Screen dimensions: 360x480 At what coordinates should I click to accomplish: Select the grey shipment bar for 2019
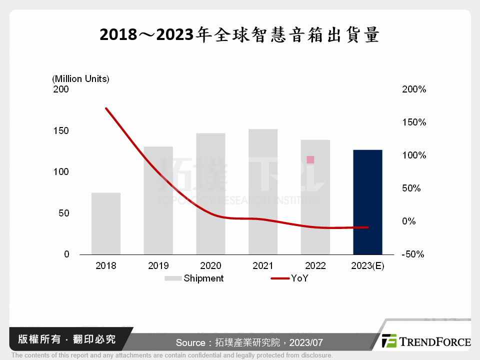(x=158, y=200)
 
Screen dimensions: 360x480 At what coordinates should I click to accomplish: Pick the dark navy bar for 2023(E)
(x=367, y=202)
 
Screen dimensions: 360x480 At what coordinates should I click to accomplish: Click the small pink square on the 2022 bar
(x=310, y=159)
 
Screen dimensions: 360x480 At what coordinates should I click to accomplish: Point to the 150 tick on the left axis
(x=62, y=130)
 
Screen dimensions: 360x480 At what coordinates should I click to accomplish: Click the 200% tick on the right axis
(x=413, y=89)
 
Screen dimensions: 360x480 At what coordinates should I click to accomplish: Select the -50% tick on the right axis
(x=413, y=254)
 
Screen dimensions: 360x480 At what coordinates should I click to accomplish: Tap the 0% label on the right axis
(x=408, y=221)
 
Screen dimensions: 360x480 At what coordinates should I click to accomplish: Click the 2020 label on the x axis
(x=210, y=265)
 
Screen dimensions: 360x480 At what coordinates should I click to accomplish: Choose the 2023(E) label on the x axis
(x=367, y=265)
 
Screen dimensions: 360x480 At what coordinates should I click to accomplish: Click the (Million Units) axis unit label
(x=80, y=78)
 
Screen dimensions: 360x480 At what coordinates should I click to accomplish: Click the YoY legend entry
(x=299, y=278)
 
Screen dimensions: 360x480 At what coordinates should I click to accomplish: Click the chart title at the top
(x=239, y=35)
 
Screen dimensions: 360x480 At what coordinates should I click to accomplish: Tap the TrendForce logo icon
(x=389, y=341)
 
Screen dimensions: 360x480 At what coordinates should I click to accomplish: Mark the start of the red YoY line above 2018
(x=106, y=108)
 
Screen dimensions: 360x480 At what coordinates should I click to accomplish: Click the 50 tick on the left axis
(x=64, y=213)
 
